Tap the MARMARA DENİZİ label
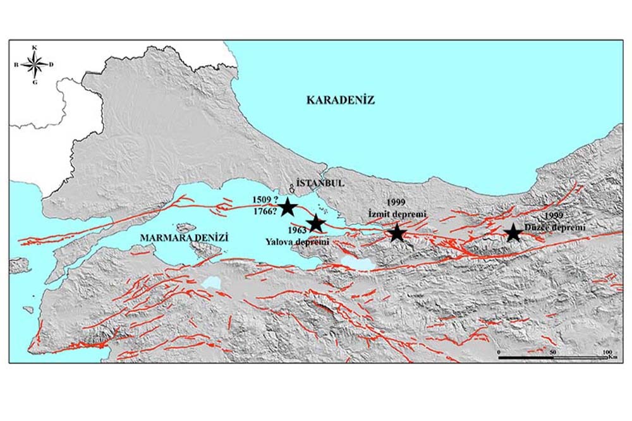click(x=183, y=238)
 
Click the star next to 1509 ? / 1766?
click(x=288, y=207)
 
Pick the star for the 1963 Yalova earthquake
click(x=315, y=223)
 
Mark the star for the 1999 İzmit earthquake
click(x=396, y=233)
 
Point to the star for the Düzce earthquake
click(x=513, y=233)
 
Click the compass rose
click(x=35, y=64)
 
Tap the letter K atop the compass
click(x=35, y=47)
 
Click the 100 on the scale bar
click(x=607, y=351)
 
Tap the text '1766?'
click(x=263, y=212)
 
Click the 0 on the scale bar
click(x=499, y=351)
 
